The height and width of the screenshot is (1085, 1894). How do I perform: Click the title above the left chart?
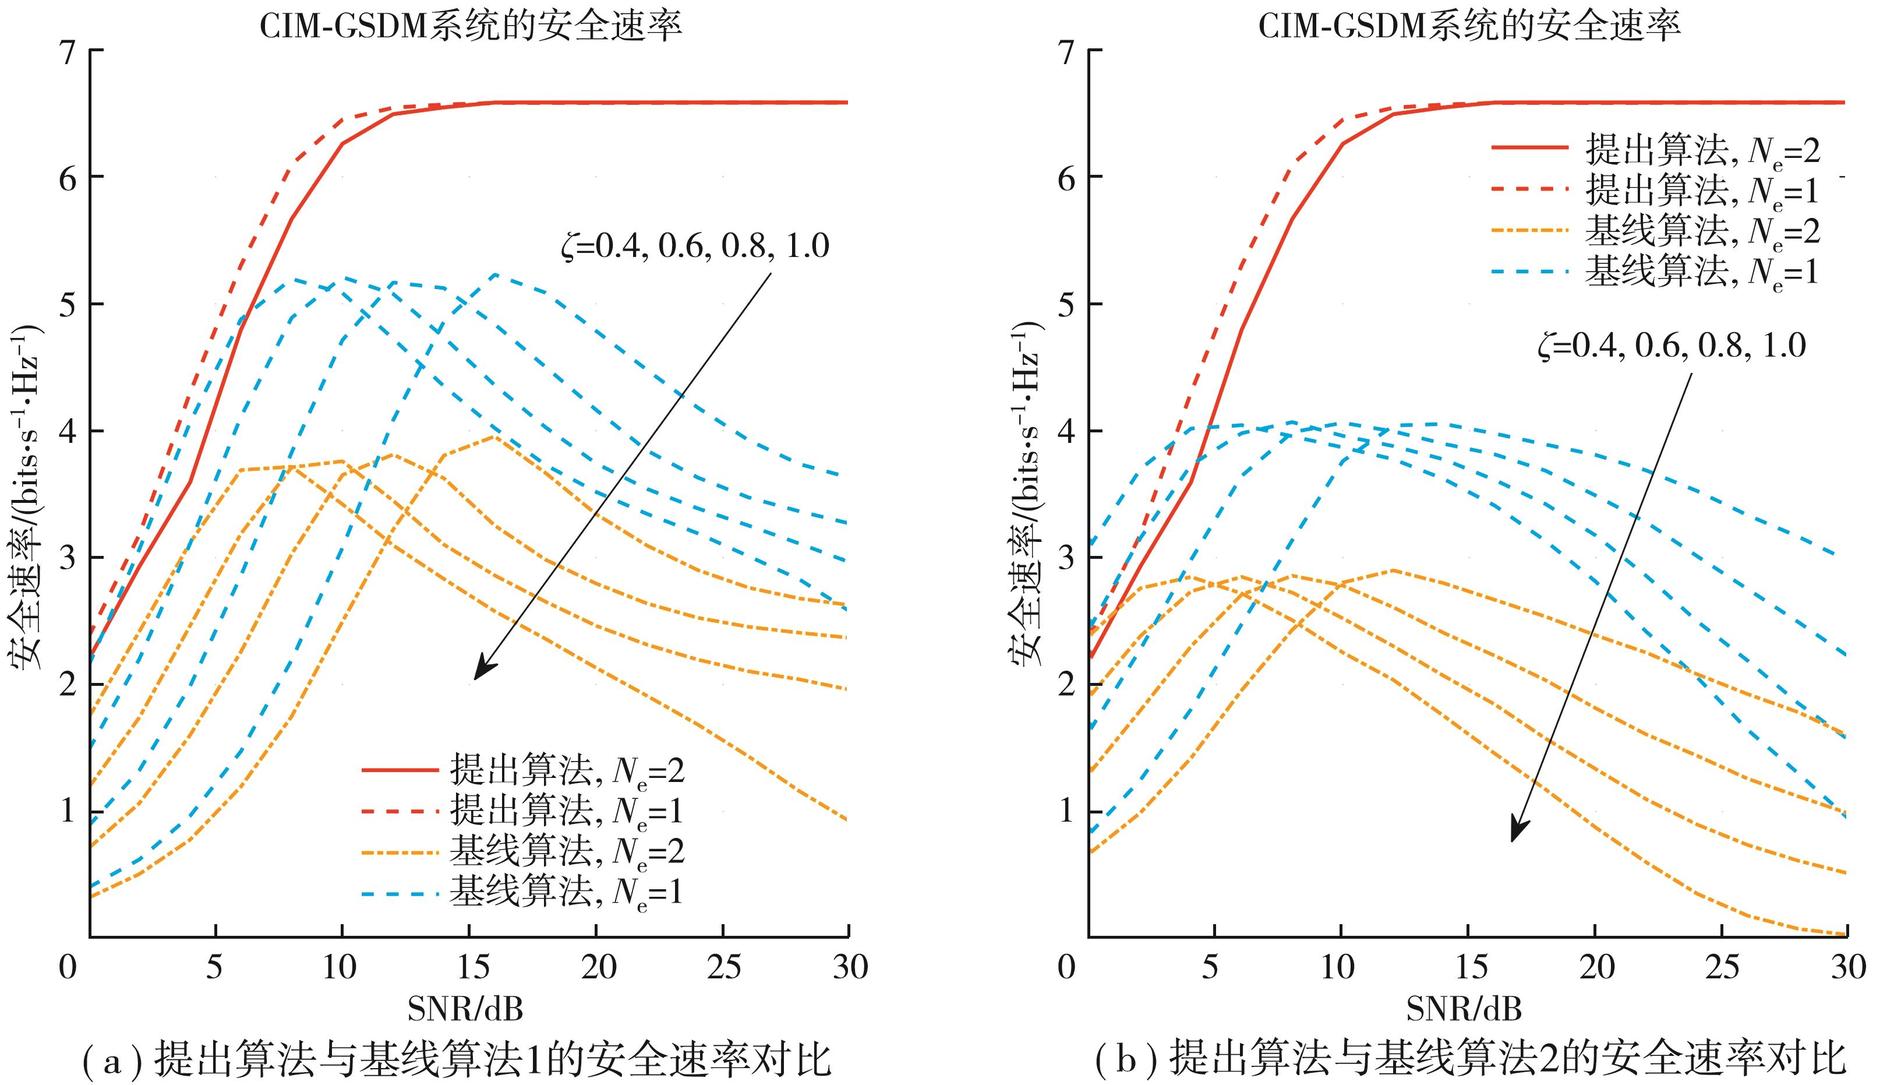point(471,27)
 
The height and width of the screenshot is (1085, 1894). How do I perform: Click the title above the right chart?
point(1469,27)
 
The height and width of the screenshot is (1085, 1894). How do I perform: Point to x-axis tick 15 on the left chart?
point(469,967)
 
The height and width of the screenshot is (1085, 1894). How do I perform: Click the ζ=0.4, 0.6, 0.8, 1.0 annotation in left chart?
point(695,246)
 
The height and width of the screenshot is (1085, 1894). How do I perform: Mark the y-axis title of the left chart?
point(27,498)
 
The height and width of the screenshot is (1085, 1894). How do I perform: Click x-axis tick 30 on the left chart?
point(849,967)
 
